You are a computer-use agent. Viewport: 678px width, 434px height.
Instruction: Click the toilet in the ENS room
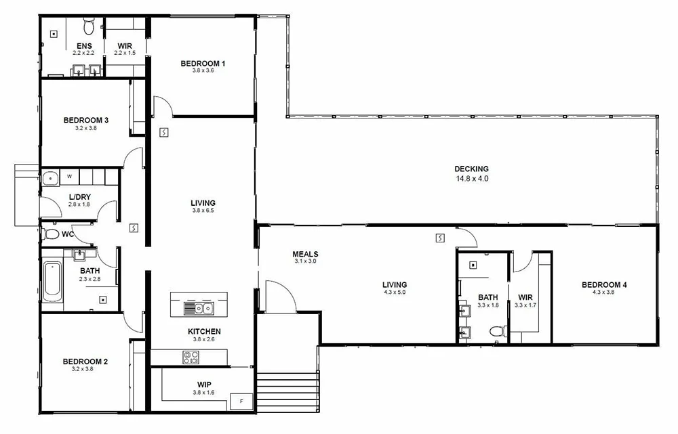[87, 27]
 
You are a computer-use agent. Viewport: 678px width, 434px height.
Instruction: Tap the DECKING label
[471, 169]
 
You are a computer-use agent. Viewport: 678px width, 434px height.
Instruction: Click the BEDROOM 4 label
[604, 284]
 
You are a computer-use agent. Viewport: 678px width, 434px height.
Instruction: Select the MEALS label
[305, 254]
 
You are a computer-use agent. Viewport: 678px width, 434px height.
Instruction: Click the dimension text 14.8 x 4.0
[471, 179]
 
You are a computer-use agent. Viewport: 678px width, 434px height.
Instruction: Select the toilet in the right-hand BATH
[497, 331]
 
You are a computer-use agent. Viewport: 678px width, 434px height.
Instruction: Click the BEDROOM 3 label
[86, 121]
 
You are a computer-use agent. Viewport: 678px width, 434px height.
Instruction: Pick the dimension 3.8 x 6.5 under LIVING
[203, 211]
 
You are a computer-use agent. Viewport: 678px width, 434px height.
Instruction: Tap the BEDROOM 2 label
[85, 362]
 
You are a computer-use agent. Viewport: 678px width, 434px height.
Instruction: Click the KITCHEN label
[204, 331]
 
